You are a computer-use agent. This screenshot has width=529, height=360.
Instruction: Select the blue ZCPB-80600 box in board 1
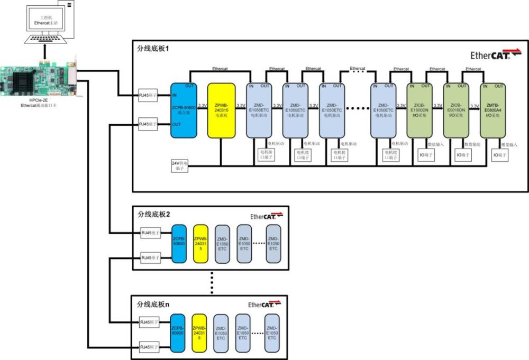(184, 110)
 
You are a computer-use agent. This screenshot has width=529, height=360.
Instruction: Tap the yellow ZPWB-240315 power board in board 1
(221, 110)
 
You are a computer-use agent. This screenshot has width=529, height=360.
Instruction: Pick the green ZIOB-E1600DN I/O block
(418, 110)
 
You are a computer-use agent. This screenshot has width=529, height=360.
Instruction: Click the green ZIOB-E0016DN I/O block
(455, 110)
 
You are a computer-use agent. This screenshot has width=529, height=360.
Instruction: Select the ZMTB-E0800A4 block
(492, 110)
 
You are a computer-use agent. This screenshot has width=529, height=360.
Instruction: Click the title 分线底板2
(154, 214)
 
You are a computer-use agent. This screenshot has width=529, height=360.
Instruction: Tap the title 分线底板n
(153, 304)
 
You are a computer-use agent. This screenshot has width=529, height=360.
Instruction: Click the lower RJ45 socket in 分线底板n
(149, 347)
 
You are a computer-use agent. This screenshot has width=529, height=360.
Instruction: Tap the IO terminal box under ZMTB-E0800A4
(500, 155)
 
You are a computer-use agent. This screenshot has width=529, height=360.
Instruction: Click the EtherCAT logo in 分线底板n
(264, 304)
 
